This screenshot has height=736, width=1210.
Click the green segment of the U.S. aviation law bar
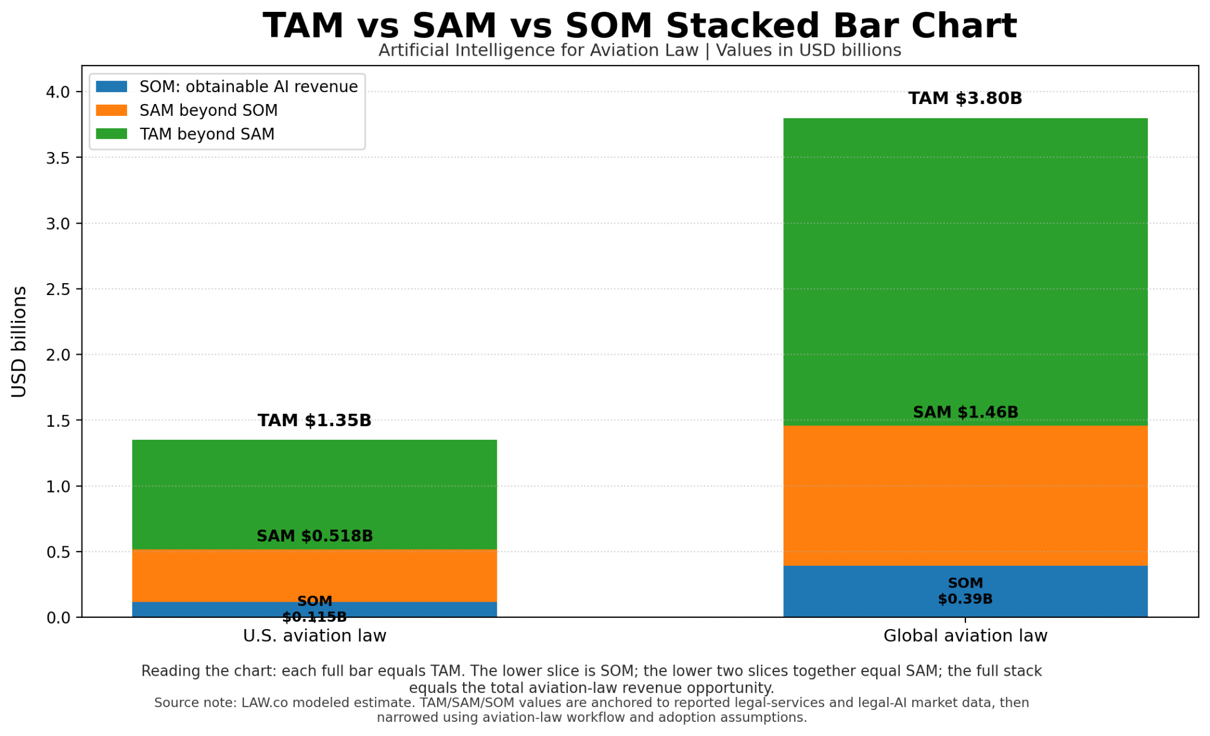(314, 494)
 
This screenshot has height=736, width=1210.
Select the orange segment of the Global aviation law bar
(965, 495)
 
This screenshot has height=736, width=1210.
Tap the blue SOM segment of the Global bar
(965, 592)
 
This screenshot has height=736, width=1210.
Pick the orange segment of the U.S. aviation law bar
(314, 576)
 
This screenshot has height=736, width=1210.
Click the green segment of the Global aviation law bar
(965, 272)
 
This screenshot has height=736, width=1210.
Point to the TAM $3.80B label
(965, 98)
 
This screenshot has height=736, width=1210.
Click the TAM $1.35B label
(314, 420)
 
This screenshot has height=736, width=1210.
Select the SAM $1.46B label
(965, 412)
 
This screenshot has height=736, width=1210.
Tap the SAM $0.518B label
(314, 536)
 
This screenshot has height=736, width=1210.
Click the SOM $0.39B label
(965, 591)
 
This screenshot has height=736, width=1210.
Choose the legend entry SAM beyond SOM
(209, 111)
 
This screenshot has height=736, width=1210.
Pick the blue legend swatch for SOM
(112, 87)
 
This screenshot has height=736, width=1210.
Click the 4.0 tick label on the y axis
(58, 92)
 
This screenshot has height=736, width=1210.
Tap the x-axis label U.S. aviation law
(314, 636)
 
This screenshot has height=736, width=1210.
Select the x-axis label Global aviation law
(965, 636)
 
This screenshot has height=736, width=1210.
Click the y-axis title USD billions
(19, 342)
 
